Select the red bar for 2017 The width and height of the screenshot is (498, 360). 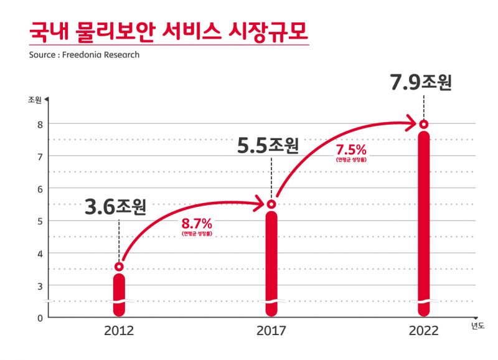271,262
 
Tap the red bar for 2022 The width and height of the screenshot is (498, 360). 424,224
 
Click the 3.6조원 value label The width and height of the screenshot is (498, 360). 115,206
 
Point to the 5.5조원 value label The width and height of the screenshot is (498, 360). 268,146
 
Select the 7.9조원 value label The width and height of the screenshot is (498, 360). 421,83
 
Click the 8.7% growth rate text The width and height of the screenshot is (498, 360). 197,223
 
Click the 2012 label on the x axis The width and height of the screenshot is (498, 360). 118,331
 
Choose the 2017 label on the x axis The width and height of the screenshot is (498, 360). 271,331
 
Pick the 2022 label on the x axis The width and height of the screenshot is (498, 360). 424,331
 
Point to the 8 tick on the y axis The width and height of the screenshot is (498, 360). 40,124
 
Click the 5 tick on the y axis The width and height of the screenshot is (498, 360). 40,221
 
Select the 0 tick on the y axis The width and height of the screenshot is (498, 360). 40,318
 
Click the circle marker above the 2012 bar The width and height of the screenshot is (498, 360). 119,267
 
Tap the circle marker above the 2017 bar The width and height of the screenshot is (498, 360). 271,204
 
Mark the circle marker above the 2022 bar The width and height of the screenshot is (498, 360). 424,124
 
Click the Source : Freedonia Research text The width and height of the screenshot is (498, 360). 84,54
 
